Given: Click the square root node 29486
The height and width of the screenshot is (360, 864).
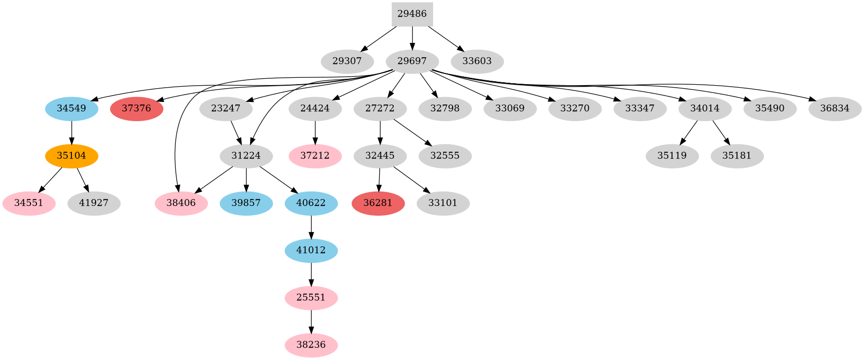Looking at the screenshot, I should coord(412,14).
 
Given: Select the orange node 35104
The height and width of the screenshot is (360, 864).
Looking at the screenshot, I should coord(71,156).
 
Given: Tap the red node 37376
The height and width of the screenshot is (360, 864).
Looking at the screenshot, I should coord(136,109).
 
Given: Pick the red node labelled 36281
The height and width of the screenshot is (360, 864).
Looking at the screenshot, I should coord(378,203).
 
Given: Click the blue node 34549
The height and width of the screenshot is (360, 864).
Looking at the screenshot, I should coord(71,109).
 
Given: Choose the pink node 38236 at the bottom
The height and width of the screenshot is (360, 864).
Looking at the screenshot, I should coord(311,345).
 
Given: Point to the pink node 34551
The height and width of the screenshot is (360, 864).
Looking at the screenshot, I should coord(29,203).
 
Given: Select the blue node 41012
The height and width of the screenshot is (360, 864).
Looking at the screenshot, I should coord(311,251).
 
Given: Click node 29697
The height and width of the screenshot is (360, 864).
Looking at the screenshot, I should coord(412,62).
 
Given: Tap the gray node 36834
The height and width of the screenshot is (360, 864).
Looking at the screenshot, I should coord(835,109).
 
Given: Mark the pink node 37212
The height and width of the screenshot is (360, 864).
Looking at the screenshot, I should coord(315,156).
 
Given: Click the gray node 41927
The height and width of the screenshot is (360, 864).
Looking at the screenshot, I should coord(94,203).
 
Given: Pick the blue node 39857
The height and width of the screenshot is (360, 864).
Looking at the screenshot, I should coord(246,203).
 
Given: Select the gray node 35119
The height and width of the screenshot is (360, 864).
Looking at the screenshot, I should coord(672,156).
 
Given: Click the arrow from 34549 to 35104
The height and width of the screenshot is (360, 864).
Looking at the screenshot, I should coord(71,132).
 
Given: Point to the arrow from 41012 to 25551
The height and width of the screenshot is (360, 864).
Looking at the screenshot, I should coord(311,274).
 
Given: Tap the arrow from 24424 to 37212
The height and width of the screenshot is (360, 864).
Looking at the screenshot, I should coord(315,132).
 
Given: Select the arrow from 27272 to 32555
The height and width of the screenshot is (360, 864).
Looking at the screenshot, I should coord(413,132).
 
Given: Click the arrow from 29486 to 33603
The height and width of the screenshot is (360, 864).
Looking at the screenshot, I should coord(446,38).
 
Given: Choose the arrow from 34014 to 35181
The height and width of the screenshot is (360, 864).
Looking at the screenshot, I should coord(721,132).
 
